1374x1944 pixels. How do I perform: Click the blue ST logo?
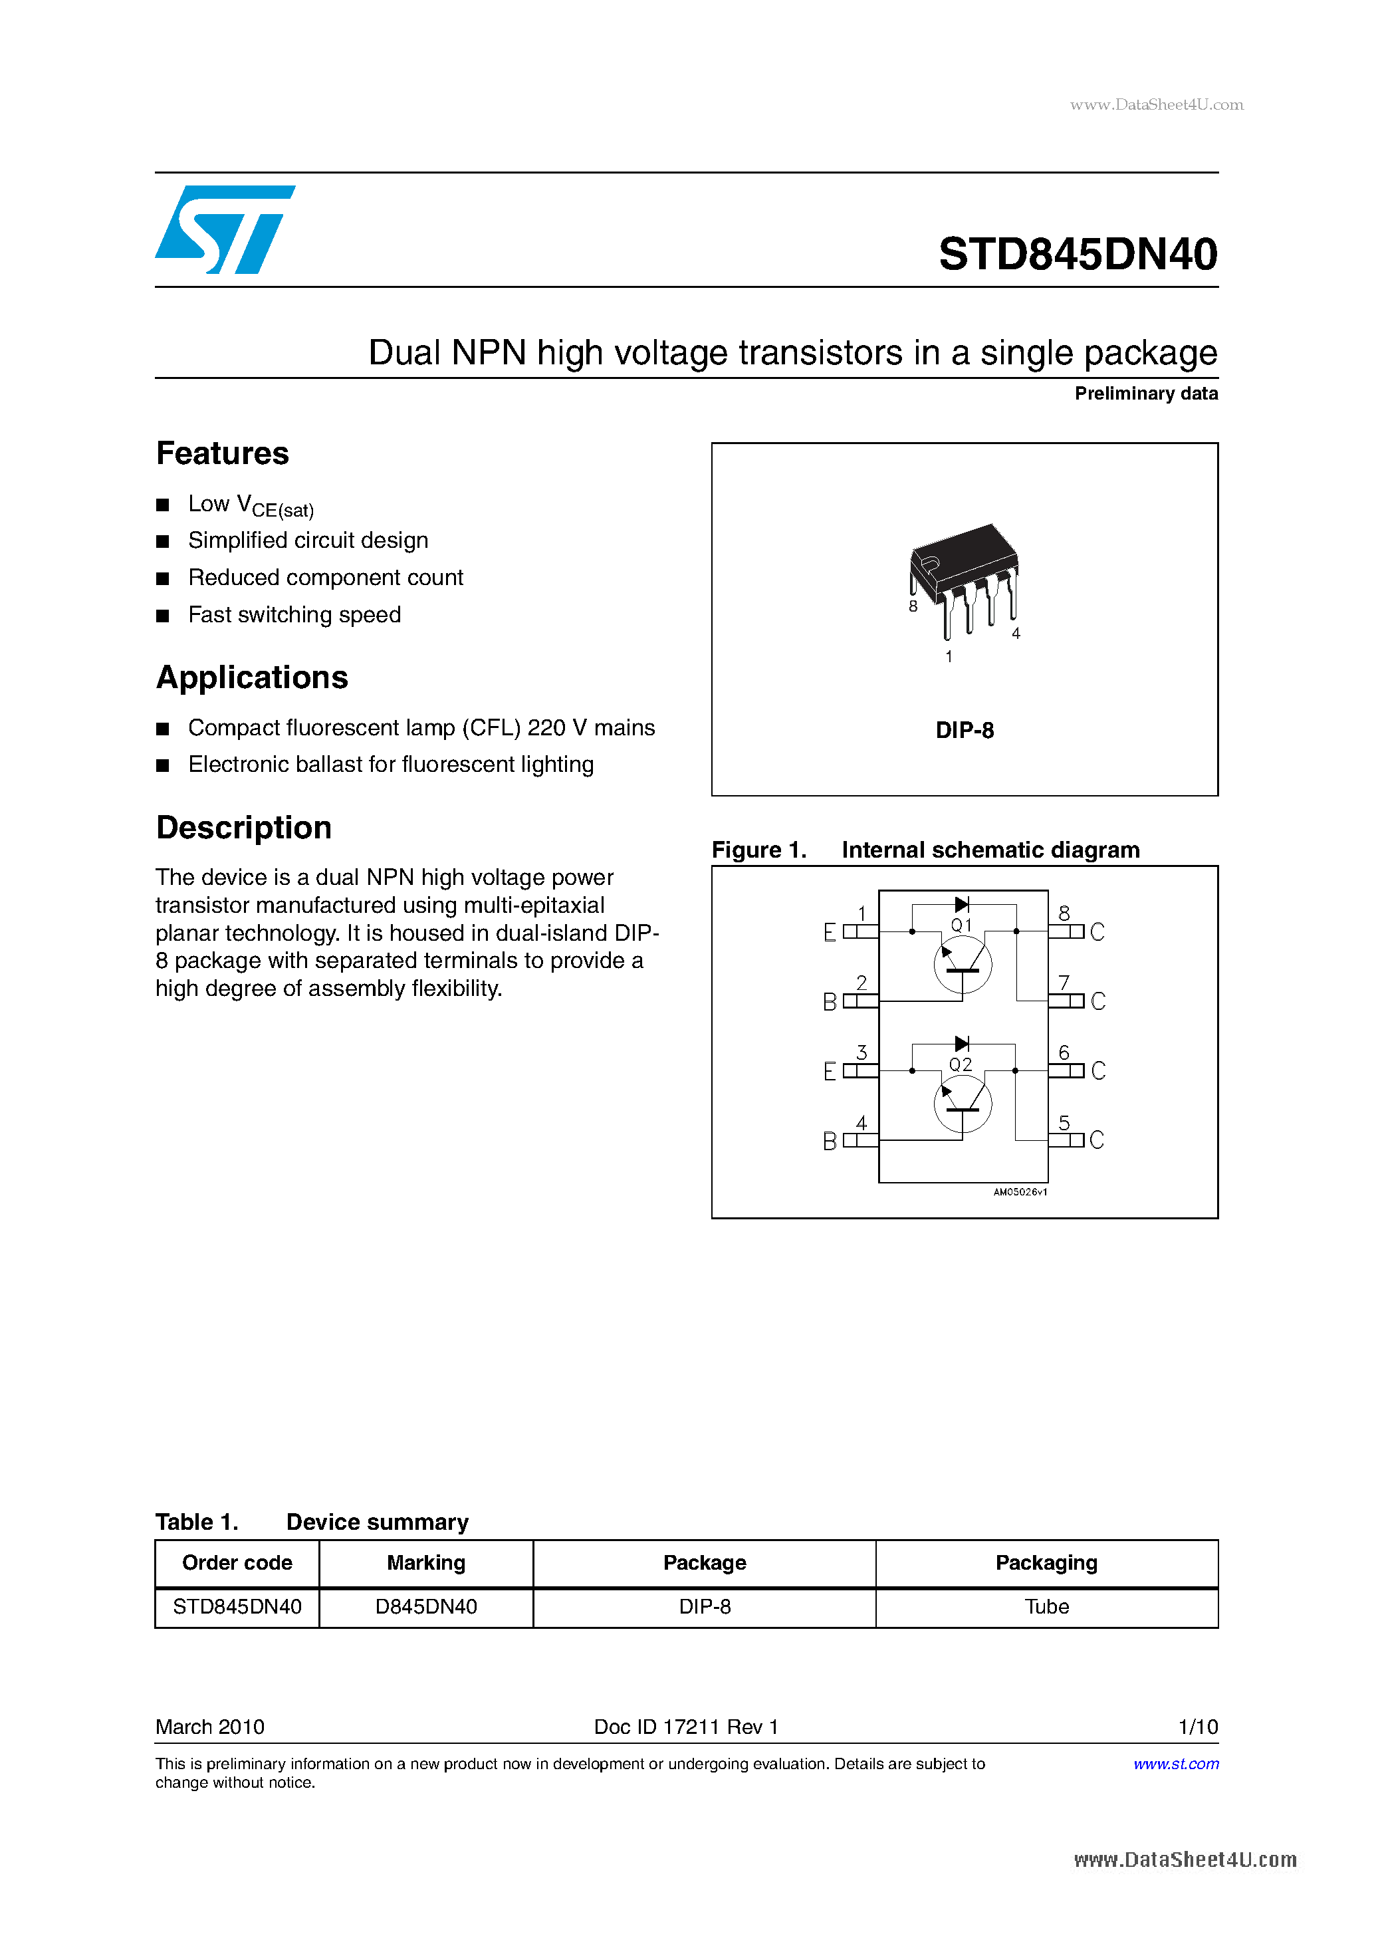tap(224, 229)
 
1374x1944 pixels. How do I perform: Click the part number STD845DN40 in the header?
tap(1077, 254)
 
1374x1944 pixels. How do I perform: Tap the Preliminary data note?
tap(1145, 394)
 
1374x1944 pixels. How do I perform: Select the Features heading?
tap(223, 454)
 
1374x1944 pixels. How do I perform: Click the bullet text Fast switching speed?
tap(294, 615)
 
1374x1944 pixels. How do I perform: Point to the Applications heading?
tap(253, 678)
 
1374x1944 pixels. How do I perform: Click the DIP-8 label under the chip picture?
tap(965, 731)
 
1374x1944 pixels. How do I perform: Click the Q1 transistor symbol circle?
tap(963, 965)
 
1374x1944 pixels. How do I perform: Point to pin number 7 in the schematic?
tap(1064, 982)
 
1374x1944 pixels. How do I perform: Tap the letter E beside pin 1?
tap(830, 932)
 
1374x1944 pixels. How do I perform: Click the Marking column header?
tap(426, 1563)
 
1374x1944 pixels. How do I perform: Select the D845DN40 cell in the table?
tap(426, 1607)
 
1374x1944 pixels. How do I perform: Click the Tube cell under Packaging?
tap(1046, 1607)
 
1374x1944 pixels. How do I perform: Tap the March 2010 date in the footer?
tap(210, 1727)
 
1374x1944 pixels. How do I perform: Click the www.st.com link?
tap(1175, 1764)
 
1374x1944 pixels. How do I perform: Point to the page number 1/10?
tap(1197, 1727)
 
